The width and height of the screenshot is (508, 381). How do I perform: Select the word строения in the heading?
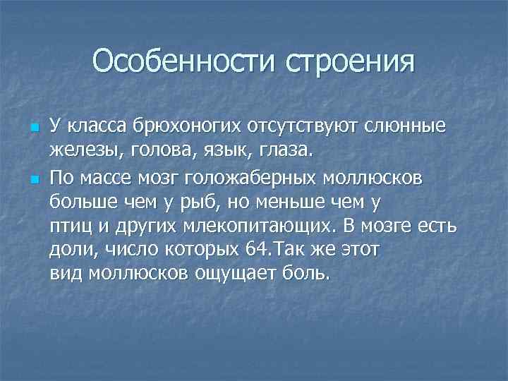[351, 62]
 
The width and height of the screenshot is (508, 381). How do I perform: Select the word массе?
[98, 178]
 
